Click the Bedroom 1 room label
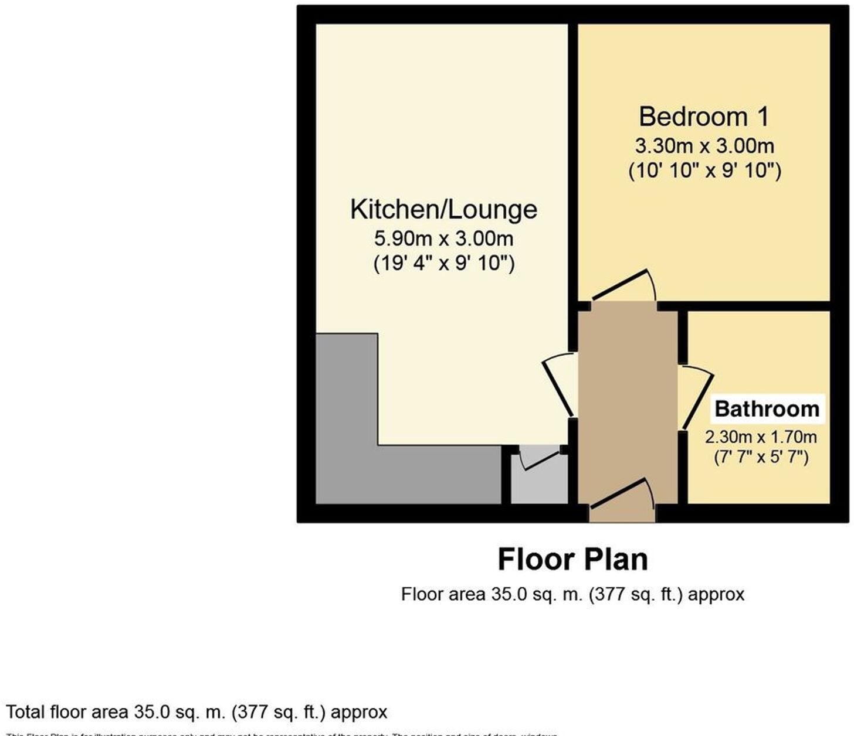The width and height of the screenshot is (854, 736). point(703,117)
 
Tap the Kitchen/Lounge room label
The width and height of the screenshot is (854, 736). point(443,210)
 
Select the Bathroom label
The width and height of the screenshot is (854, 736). point(767,409)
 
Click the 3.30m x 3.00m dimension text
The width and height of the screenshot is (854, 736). point(704,146)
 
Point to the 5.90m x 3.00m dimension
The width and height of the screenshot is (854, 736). point(443,239)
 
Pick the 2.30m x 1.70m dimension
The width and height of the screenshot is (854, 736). point(761,437)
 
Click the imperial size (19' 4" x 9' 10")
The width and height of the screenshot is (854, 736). point(444,264)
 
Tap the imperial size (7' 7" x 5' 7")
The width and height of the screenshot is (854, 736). point(761,457)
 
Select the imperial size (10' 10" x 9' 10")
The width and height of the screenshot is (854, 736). point(704,171)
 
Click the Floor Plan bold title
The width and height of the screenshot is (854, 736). point(572,560)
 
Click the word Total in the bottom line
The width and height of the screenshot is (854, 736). point(25,713)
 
